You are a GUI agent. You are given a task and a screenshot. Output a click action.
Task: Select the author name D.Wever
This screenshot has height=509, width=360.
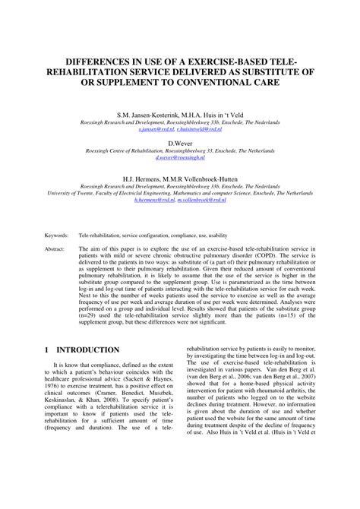(180, 142)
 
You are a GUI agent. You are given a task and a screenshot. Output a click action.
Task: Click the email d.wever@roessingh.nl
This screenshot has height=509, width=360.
(180, 158)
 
